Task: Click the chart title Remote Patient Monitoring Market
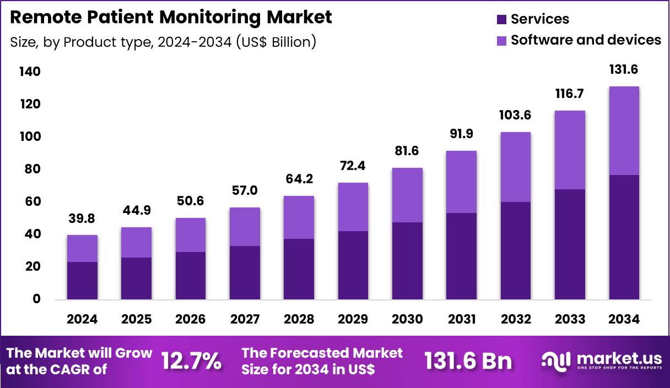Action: coord(171,17)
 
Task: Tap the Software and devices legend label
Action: coord(586,40)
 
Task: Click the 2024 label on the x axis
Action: coord(82,320)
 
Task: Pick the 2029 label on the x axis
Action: coord(353,320)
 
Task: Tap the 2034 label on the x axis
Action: coord(624,320)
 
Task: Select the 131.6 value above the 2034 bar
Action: coord(624,70)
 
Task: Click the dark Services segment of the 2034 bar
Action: coord(624,237)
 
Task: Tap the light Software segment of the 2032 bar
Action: coord(516,167)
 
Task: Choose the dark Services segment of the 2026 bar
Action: coord(191,275)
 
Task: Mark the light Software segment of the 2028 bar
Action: coord(299,217)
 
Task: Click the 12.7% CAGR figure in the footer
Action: coord(191,362)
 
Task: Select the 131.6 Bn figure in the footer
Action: coord(468,362)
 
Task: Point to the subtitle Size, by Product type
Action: coord(163,42)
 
